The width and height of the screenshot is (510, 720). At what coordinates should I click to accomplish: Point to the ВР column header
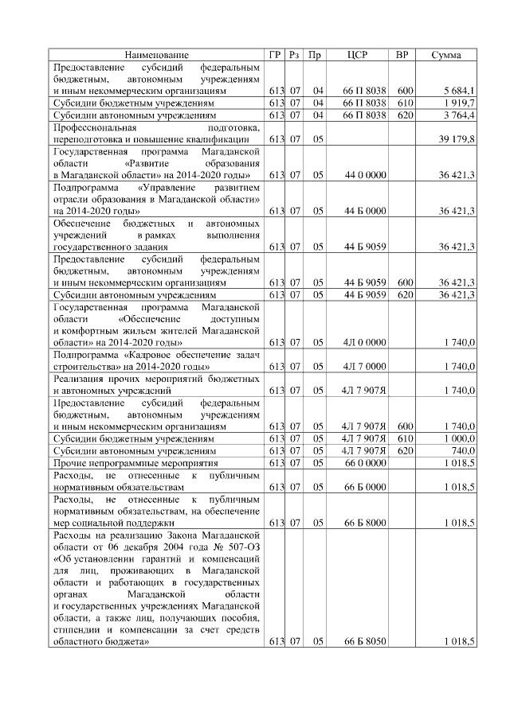tap(403, 55)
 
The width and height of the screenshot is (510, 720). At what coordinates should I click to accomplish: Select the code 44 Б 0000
tap(365, 211)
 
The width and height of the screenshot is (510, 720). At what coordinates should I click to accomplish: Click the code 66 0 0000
tap(365, 462)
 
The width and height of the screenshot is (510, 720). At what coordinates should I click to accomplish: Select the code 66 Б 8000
tap(365, 523)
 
